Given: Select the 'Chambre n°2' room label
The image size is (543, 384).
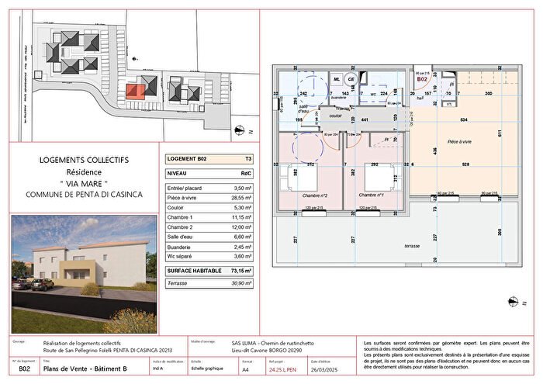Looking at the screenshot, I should coord(312,195).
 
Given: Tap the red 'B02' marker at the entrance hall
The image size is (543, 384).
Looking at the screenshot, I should coord(423,80).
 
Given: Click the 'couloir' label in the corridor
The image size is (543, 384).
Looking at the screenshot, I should coord(335,115).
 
